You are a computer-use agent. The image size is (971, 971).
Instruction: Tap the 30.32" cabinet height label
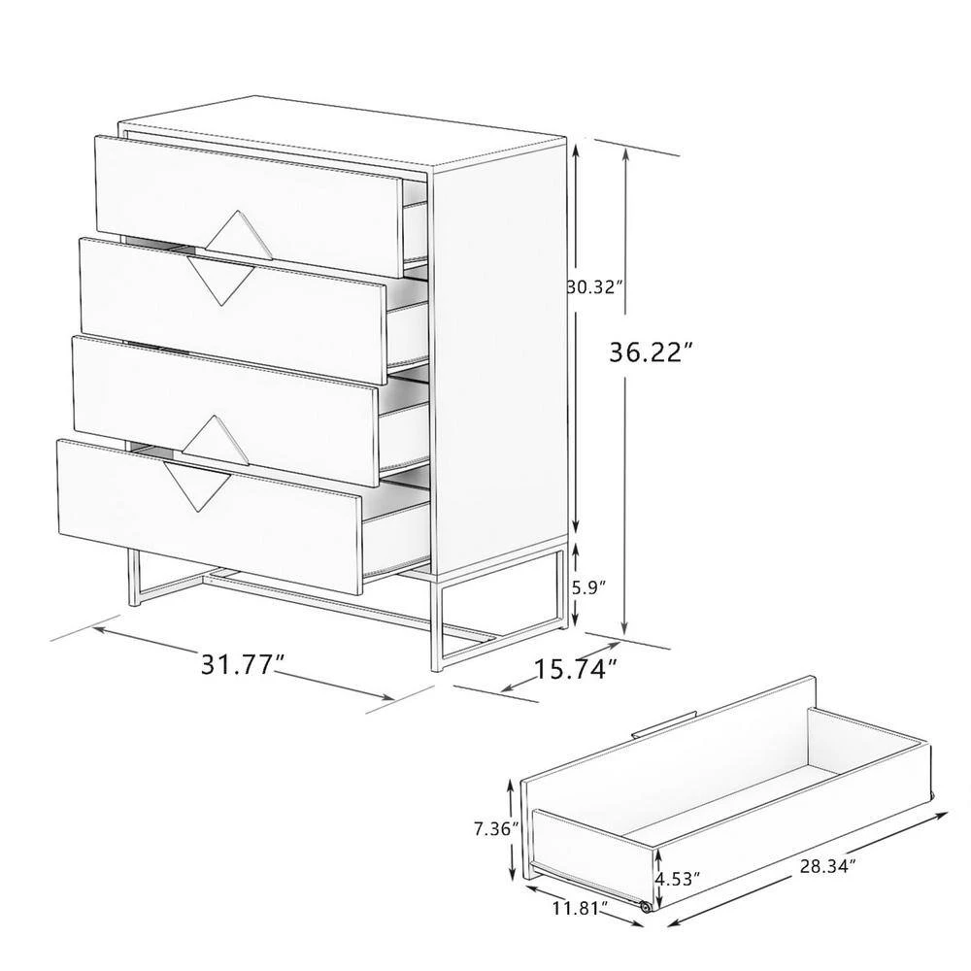(595, 286)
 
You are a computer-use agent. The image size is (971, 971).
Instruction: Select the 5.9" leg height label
(589, 586)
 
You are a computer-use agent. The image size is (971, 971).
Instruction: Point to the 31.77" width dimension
(243, 665)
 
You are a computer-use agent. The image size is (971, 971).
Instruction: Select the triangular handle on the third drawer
(210, 437)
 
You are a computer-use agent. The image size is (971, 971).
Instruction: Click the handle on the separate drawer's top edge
(664, 724)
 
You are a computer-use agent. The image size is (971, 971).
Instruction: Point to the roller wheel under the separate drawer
(644, 906)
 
